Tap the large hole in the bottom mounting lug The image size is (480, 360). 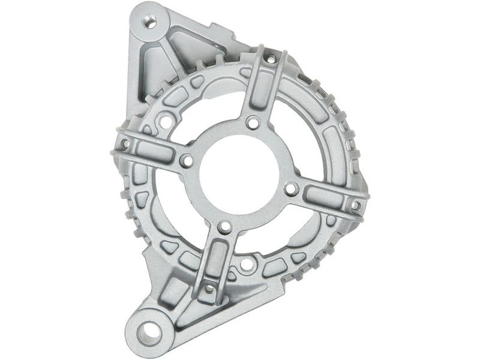click(x=149, y=332)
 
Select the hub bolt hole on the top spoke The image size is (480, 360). click(x=253, y=123)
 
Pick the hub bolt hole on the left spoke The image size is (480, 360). click(x=187, y=161)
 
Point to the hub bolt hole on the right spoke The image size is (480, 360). click(x=291, y=189)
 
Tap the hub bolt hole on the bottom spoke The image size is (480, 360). click(x=224, y=227)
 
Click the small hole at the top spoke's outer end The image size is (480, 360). click(x=271, y=59)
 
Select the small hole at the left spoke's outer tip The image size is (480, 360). click(x=125, y=144)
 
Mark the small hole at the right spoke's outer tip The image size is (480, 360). click(x=355, y=206)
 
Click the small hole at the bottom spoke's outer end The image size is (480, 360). click(x=208, y=289)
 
